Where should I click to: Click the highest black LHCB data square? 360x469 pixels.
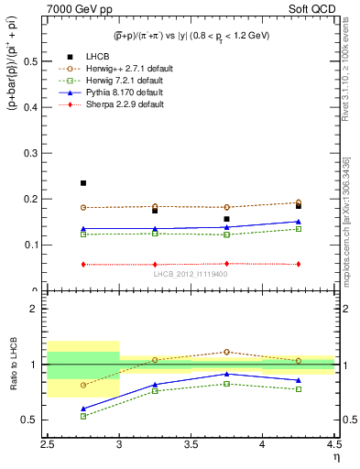coord(83,183)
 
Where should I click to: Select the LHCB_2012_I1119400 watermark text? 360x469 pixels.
coord(191,274)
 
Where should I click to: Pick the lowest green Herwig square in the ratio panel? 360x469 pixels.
coord(83,416)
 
